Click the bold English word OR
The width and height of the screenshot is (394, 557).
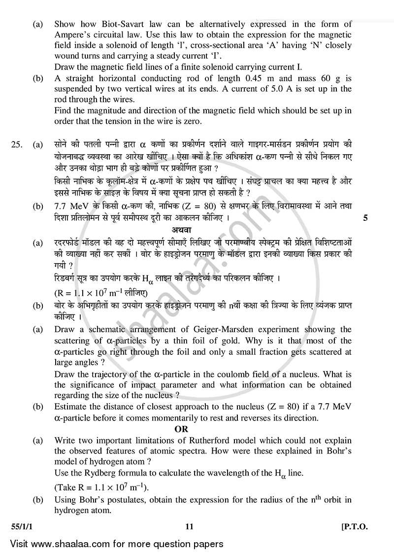[181, 429]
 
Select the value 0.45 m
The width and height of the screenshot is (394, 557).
[255, 78]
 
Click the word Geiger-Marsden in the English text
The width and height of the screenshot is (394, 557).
[217, 329]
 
